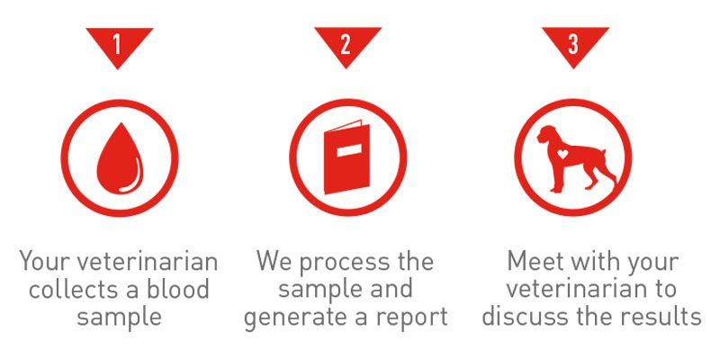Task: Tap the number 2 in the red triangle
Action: [346, 45]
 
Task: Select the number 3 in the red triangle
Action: [573, 45]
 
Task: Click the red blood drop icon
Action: [120, 158]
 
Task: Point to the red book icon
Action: [346, 157]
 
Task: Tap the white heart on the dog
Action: [563, 154]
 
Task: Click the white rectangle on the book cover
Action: [349, 150]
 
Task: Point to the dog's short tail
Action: [603, 154]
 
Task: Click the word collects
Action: [77, 289]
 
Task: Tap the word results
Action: [665, 316]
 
